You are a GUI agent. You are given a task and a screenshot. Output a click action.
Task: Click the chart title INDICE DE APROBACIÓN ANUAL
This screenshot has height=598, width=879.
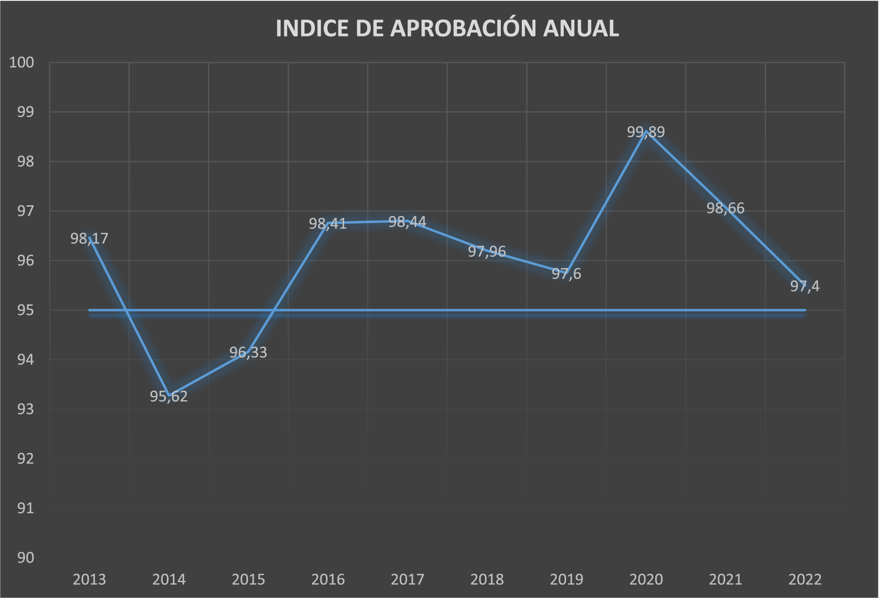tap(447, 28)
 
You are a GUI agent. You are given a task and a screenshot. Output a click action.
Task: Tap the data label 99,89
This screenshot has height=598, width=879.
tap(645, 132)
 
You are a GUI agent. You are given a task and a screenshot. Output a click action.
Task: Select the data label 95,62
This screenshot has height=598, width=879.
tap(169, 396)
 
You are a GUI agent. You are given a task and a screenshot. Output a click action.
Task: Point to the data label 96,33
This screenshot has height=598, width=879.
tap(248, 353)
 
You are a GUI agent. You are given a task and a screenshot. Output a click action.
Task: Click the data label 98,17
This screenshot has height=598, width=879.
tap(89, 239)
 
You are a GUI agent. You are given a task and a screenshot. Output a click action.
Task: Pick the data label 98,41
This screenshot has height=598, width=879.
tap(328, 224)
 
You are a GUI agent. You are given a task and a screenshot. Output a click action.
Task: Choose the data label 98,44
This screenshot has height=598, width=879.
tap(407, 222)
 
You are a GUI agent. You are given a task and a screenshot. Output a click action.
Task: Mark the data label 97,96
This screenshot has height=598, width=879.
tap(487, 252)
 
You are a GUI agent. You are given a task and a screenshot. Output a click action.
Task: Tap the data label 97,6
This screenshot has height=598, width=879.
tap(566, 274)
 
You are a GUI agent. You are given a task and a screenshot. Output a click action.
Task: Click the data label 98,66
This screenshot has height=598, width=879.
tap(725, 208)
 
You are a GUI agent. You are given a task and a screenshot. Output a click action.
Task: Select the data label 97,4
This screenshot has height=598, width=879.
tap(804, 286)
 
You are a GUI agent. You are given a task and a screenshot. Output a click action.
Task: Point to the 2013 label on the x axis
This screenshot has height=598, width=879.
tap(90, 579)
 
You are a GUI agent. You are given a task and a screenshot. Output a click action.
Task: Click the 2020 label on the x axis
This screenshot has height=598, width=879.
tap(646, 579)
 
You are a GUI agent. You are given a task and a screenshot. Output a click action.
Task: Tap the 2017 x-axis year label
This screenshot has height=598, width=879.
tap(407, 579)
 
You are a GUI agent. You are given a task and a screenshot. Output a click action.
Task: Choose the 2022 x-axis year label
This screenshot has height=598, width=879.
tap(805, 579)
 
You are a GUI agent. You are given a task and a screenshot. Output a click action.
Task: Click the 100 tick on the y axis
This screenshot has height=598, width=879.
tap(22, 63)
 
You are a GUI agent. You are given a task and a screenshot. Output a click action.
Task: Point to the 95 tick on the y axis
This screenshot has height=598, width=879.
tap(26, 310)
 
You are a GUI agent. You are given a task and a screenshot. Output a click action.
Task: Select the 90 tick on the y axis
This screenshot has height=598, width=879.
tap(26, 557)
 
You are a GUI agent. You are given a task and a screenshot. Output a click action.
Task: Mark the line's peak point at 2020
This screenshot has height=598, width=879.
tap(646, 132)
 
